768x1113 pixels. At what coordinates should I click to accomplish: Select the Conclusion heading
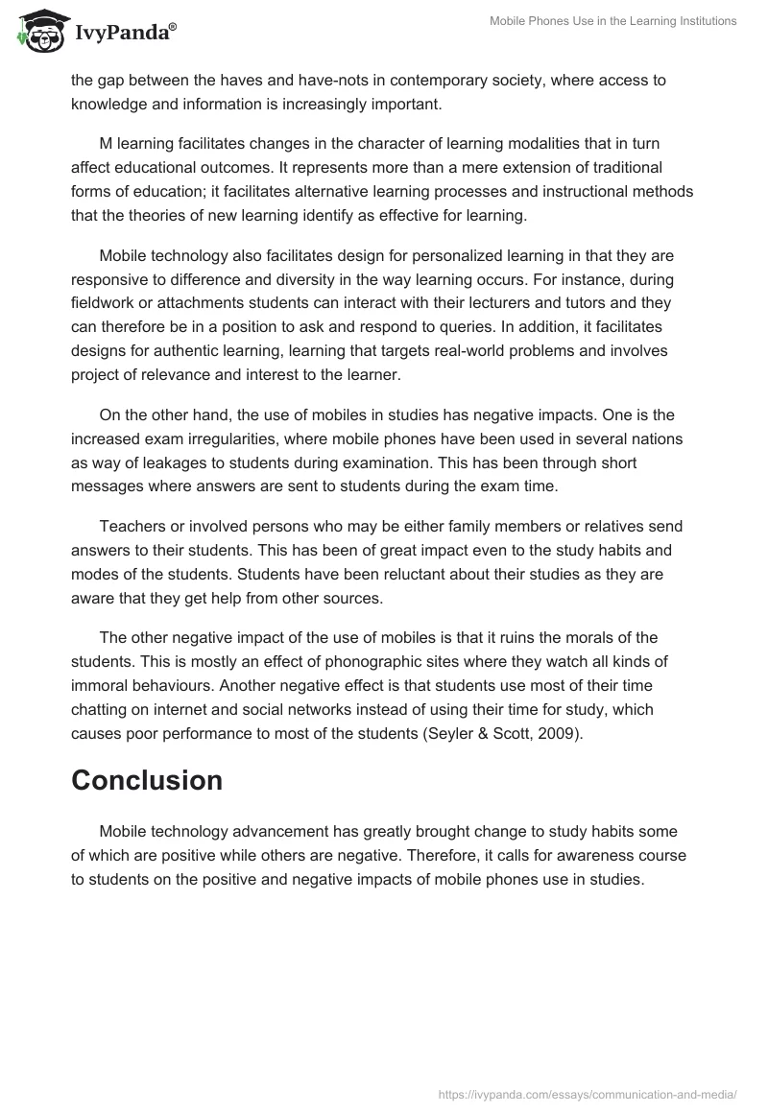[147, 780]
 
